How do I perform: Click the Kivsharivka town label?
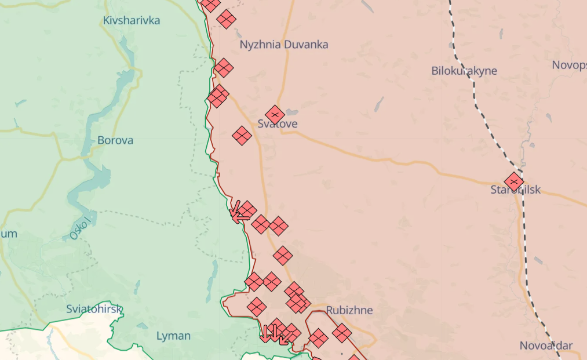point(131,20)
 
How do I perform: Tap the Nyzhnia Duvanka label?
point(284,45)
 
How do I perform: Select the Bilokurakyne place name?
point(464,71)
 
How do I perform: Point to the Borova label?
point(115,140)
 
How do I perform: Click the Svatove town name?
point(278,124)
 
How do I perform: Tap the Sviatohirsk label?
point(94,308)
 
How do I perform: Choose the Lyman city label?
point(173,336)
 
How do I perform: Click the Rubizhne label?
point(349,310)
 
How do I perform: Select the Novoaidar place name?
point(546,346)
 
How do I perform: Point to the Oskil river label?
point(81,228)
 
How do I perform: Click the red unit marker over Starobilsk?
point(514,181)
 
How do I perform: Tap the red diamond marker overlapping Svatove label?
point(275,115)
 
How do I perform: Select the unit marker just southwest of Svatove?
point(242,136)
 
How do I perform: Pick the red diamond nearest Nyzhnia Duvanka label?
point(227,19)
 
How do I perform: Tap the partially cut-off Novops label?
point(569,64)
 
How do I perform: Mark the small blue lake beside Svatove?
point(291,112)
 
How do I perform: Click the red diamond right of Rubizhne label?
point(342,333)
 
